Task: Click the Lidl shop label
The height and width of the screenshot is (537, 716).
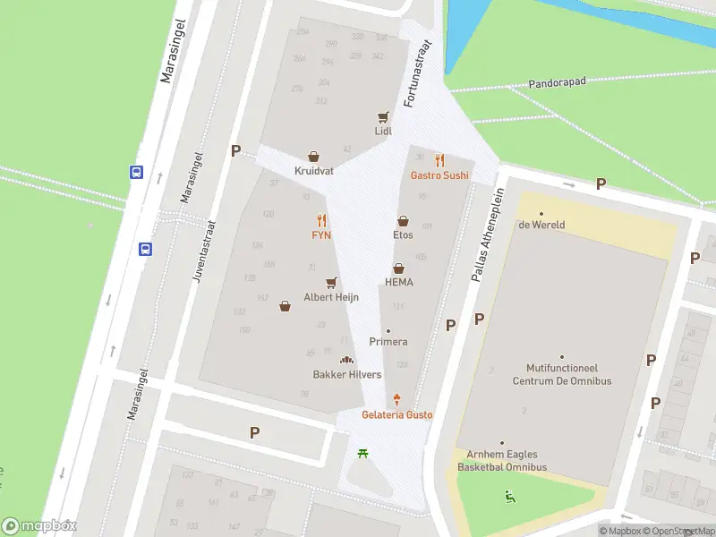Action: pos(383,131)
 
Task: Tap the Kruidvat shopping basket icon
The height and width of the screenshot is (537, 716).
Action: pos(313,157)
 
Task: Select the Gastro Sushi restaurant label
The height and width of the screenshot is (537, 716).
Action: pos(439,175)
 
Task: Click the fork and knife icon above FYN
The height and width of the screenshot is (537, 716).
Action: pos(321,220)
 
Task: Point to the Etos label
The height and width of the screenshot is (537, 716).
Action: pos(403,235)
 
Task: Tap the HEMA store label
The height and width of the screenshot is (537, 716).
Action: pos(399,282)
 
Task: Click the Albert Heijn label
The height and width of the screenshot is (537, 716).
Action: pos(331,296)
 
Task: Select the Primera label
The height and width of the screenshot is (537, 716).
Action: pos(388,342)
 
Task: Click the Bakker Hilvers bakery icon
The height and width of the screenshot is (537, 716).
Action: pos(347,360)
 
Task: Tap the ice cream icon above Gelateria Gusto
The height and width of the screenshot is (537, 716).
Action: pos(396,401)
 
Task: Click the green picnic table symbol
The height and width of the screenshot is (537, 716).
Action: pos(363,454)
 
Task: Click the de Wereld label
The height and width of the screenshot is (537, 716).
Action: pos(541,225)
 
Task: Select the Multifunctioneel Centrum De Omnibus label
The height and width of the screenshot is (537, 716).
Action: pos(561,374)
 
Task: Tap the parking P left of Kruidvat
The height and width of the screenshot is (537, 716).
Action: pos(235,151)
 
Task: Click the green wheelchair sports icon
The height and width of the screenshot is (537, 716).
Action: pos(510,496)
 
